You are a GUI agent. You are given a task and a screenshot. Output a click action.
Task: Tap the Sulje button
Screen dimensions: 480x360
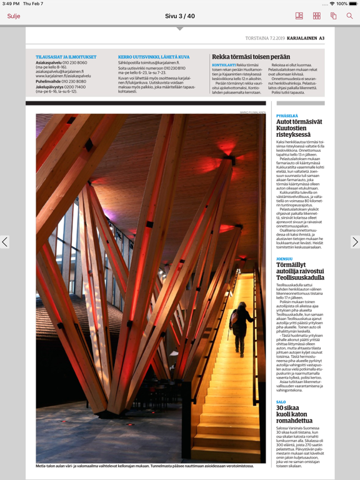coord(14,16)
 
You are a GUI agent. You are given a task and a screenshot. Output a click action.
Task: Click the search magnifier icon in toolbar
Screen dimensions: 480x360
coord(349,16)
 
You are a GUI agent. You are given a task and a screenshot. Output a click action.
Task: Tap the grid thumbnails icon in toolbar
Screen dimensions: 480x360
coord(316,16)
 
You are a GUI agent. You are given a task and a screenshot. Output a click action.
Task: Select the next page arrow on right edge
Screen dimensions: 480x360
coord(354,242)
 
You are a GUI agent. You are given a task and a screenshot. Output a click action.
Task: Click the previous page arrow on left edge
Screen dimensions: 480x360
coord(5,242)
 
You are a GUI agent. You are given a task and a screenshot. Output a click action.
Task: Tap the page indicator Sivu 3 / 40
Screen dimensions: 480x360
coord(179,16)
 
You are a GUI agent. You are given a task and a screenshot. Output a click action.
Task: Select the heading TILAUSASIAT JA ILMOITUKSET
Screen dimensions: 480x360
coord(66,57)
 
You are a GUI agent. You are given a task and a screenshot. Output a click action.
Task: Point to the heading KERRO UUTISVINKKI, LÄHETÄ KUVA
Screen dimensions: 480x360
coord(154,57)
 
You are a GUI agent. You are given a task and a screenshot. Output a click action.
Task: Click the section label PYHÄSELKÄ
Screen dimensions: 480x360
coord(287,116)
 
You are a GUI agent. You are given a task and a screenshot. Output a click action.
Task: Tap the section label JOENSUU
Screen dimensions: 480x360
coord(284,259)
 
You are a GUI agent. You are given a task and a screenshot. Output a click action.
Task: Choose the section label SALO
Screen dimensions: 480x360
coord(281,402)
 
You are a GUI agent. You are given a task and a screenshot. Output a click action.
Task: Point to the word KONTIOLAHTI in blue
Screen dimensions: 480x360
coord(224,64)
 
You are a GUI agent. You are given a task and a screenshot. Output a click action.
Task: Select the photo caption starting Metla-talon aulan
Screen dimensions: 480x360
coord(144,466)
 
